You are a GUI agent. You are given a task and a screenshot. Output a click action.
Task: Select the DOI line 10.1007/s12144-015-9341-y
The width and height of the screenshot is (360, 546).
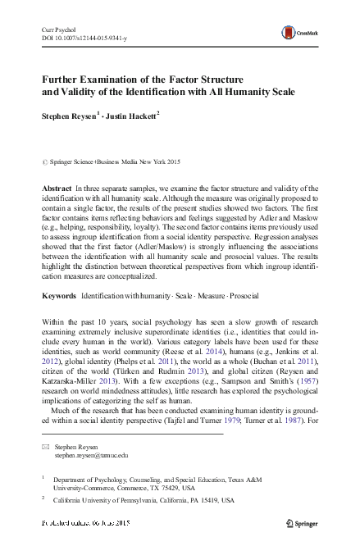point(80,37)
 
